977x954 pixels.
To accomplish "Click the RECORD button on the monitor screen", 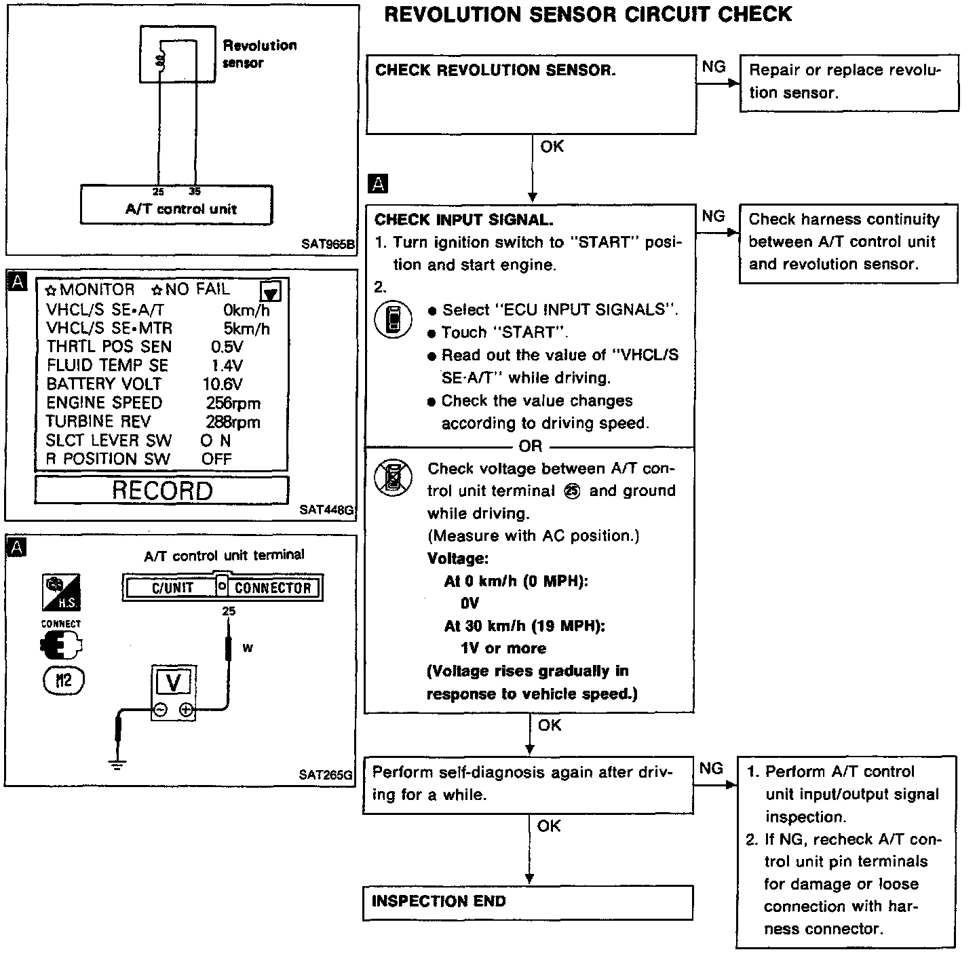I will (161, 490).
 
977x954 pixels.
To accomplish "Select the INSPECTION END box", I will (528, 902).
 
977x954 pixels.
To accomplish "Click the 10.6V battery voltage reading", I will (223, 384).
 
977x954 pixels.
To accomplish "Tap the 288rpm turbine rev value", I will (233, 422).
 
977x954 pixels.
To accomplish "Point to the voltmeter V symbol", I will (174, 681).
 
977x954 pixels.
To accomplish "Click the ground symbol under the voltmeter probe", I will (117, 766).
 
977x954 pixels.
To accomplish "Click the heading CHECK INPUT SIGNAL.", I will (464, 220).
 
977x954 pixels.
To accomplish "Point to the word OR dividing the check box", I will (531, 446).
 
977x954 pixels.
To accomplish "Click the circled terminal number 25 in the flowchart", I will (572, 492).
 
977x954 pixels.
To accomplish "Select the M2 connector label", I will (63, 680).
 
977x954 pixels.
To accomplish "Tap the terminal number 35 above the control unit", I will (195, 191).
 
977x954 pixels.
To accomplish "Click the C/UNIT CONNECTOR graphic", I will (223, 588).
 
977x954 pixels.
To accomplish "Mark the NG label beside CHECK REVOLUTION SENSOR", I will (713, 66).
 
